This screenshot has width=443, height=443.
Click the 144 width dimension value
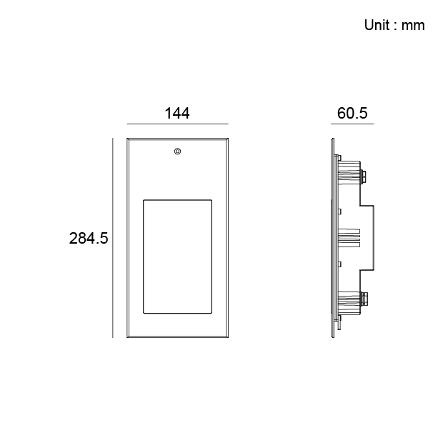point(176,113)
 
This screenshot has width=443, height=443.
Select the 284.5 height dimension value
point(89,239)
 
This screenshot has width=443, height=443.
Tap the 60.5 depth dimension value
point(352,113)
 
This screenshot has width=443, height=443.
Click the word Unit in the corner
point(379,26)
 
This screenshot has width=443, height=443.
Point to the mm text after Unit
point(413,26)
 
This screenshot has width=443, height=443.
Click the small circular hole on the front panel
point(177,151)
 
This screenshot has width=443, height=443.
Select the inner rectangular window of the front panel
point(178,257)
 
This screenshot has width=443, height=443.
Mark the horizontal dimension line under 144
point(177,124)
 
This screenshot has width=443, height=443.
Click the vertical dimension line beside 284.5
point(113,238)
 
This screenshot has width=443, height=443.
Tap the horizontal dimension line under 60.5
point(352,124)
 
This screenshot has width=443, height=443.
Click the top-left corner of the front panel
point(127,139)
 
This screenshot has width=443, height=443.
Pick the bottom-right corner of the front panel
point(229,338)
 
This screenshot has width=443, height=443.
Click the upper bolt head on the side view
point(365,174)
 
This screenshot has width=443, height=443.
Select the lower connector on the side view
point(364,301)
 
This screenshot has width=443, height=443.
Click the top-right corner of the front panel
point(229,139)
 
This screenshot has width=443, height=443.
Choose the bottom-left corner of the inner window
point(144,314)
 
